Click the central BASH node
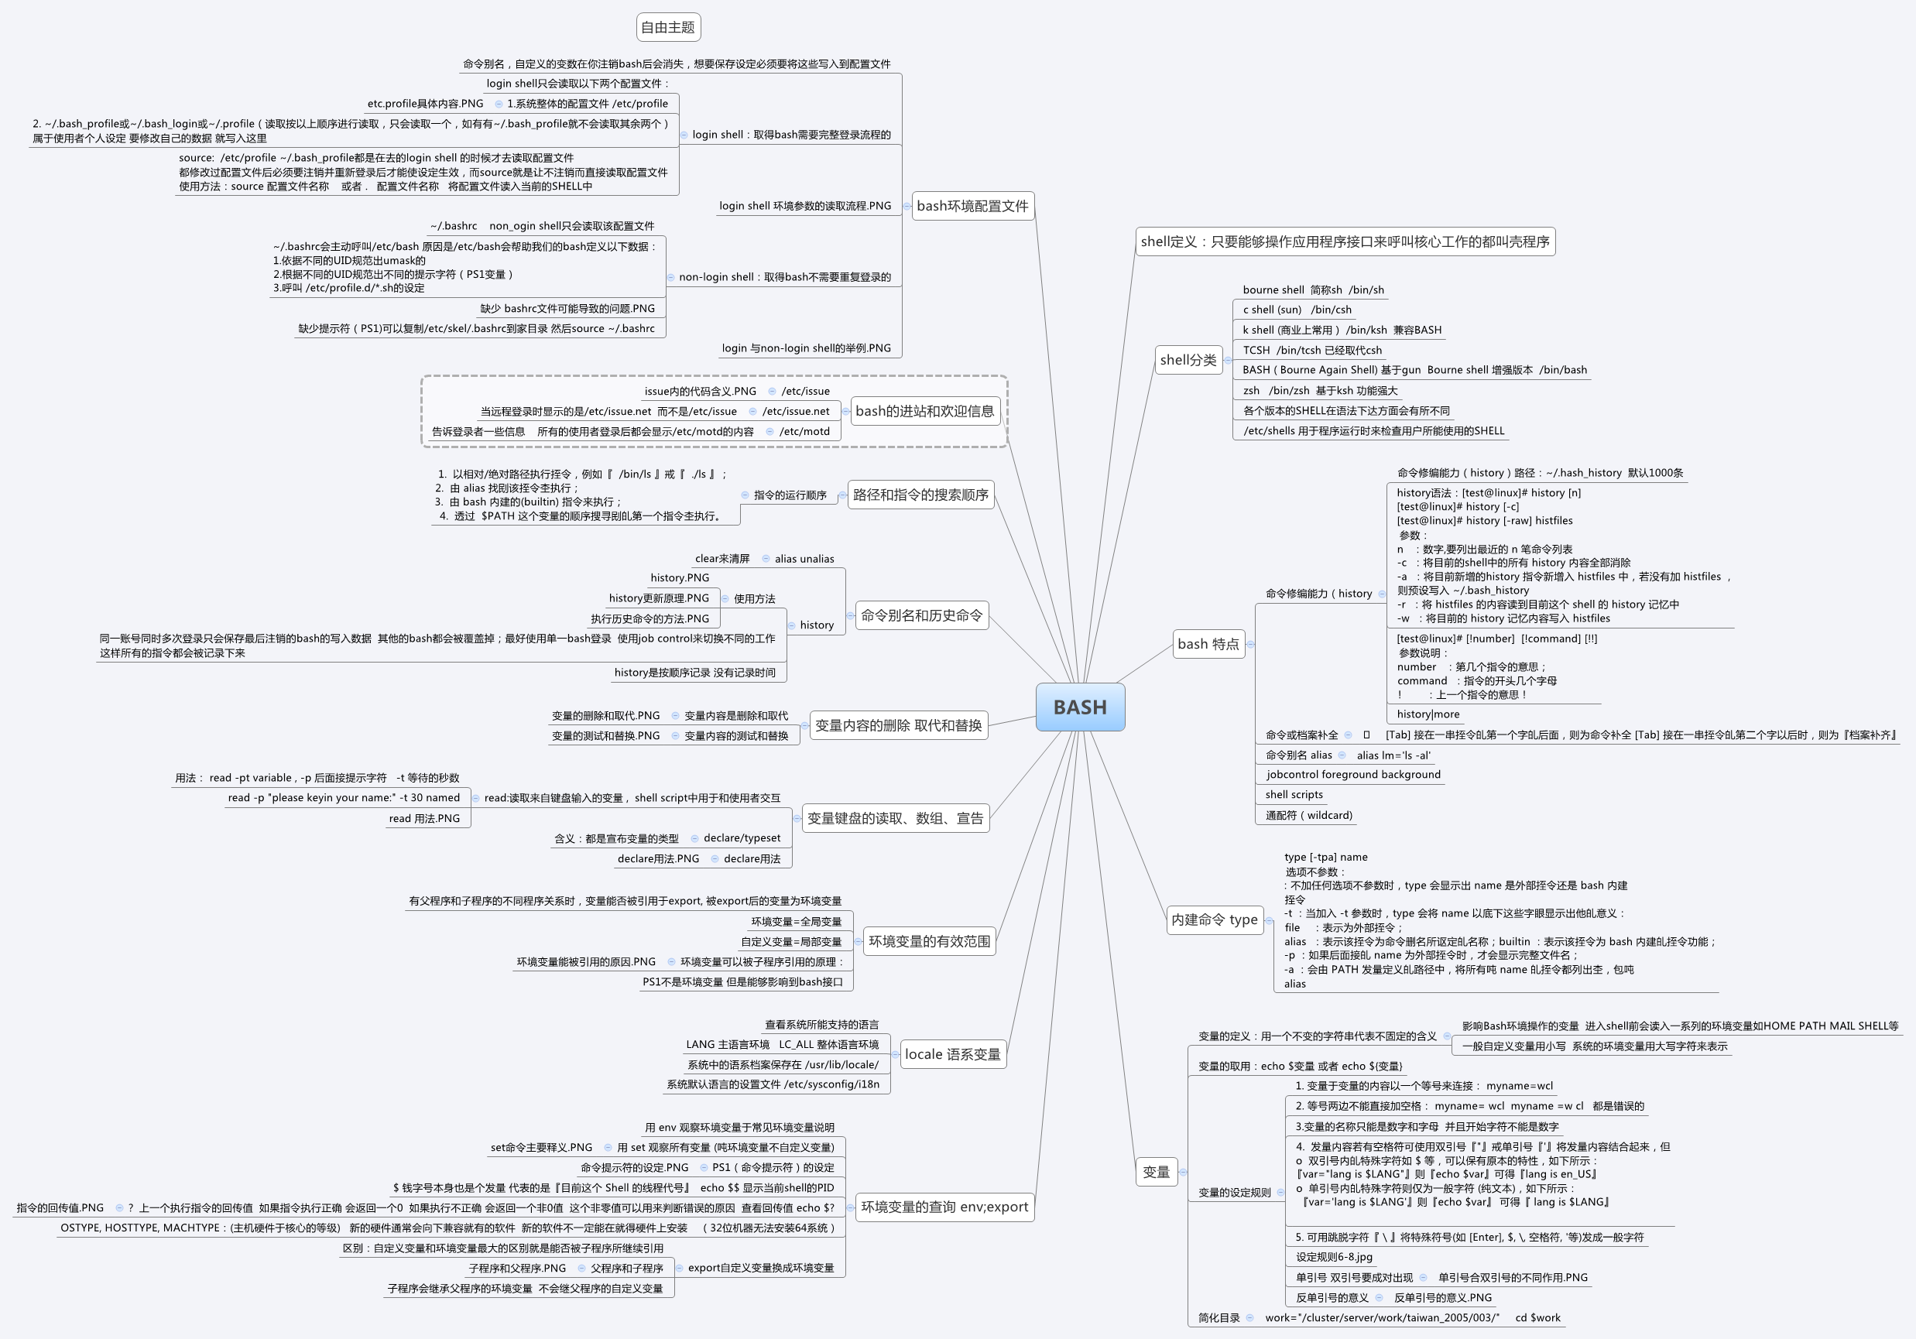[1080, 707]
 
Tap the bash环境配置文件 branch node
[972, 206]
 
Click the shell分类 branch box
[1188, 361]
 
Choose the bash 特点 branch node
[1208, 644]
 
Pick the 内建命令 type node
[1214, 919]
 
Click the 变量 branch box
[1156, 1172]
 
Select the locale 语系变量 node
[952, 1054]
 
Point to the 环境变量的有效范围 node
[929, 941]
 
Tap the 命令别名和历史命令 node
[921, 615]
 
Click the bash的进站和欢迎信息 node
[924, 411]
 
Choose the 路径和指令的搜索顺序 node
[920, 495]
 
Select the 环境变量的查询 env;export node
[944, 1207]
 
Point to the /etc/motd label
[804, 431]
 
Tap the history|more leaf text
[1428, 714]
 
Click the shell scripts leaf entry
[1294, 795]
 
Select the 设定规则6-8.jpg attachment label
[1334, 1257]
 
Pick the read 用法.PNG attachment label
[424, 818]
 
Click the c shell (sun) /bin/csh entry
[1297, 310]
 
